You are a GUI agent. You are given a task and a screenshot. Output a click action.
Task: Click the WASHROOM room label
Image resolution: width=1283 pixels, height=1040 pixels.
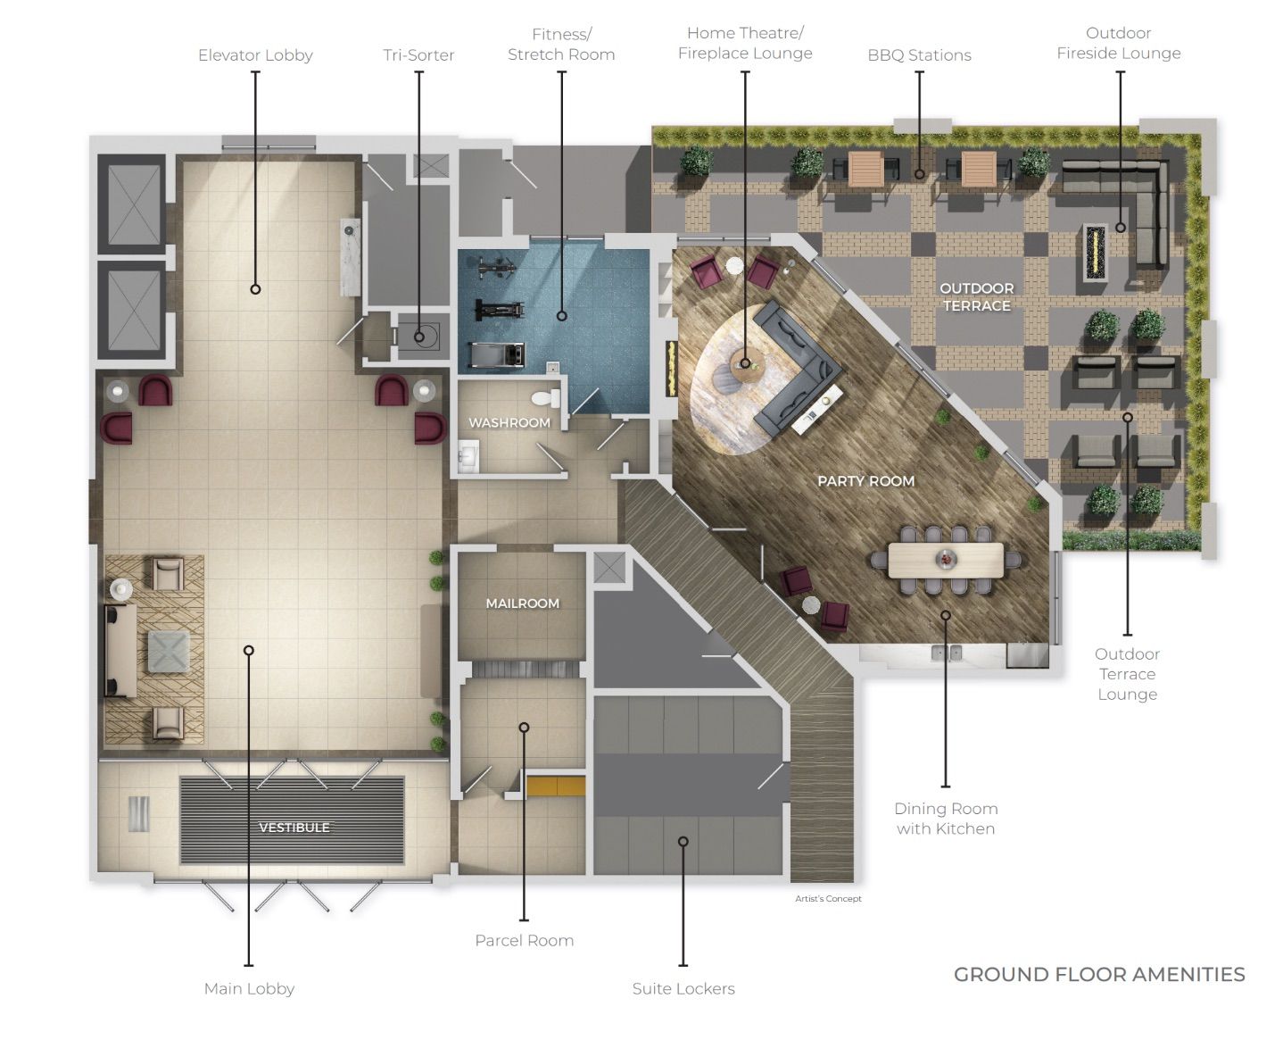coord(509,423)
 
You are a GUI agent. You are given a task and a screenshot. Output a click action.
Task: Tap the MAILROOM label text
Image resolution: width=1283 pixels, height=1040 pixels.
coord(522,603)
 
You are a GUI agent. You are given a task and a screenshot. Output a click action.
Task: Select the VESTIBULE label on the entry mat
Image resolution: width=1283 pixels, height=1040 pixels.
coord(294,828)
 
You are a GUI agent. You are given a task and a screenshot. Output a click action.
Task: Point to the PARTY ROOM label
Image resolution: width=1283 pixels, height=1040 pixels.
coord(865,481)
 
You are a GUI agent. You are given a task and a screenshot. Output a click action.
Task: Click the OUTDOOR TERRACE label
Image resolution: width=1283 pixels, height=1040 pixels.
coord(976,297)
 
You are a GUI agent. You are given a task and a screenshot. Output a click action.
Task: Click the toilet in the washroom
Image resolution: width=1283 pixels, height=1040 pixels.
coord(546,398)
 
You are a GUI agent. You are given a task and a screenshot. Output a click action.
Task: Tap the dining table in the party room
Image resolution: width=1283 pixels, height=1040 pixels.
coord(946,560)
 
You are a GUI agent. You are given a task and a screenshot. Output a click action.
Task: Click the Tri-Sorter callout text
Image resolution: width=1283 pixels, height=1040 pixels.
coord(418,54)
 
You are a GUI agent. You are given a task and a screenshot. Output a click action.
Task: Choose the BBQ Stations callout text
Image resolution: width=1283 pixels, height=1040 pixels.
coord(919,55)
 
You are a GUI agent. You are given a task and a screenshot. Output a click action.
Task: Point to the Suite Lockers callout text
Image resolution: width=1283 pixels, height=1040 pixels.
coord(683,989)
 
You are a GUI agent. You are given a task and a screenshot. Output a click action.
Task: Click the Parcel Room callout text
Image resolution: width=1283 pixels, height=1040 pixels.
coord(524,941)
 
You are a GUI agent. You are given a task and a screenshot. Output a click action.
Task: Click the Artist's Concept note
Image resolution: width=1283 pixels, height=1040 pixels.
coord(828,898)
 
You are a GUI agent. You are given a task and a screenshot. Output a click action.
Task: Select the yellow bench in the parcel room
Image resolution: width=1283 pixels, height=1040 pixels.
coord(555,786)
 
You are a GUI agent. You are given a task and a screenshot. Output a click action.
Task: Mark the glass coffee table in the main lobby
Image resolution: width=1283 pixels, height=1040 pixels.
coord(169,652)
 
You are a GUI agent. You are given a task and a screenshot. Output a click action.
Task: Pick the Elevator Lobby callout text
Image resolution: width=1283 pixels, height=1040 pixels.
coord(255,55)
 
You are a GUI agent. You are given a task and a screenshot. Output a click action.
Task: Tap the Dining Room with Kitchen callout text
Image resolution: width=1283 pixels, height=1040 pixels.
coord(946,819)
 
